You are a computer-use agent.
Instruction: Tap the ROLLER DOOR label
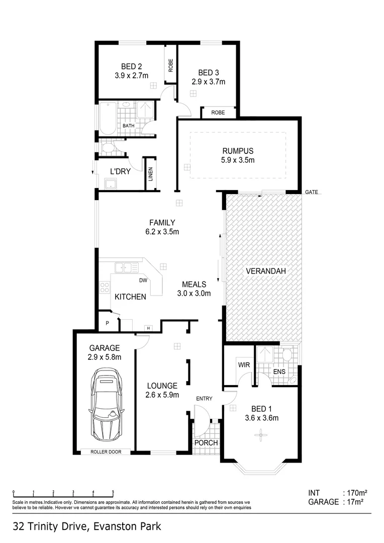coord(106,452)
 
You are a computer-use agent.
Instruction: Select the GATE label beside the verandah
coord(311,192)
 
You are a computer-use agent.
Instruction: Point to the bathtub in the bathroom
coord(108,119)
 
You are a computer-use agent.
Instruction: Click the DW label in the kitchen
coord(143,281)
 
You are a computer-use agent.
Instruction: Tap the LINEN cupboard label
coord(151,174)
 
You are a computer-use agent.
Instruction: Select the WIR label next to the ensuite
coord(244,365)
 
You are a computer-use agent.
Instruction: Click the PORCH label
coord(206,442)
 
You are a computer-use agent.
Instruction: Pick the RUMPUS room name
coord(238,151)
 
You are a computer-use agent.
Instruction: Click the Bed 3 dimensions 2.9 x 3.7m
coord(209,82)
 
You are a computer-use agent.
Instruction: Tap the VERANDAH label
coord(266,271)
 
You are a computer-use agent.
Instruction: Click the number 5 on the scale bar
coord(113,492)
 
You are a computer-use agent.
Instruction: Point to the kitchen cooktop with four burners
coord(105,287)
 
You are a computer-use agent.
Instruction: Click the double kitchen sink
coord(127,267)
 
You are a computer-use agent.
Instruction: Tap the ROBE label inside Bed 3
coord(218,113)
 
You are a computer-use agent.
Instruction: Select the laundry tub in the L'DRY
coord(111,184)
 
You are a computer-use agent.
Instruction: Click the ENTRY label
coord(204,399)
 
